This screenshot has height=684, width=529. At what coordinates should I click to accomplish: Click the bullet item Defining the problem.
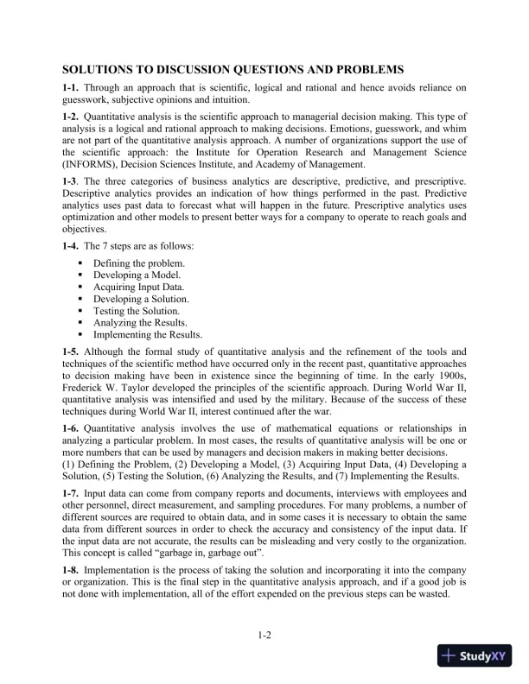click(x=138, y=262)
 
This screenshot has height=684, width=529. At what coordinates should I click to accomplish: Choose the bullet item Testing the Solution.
click(x=137, y=310)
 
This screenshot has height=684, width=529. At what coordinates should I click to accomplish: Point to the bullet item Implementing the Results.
click(x=148, y=334)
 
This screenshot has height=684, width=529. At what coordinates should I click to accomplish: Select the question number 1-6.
click(x=72, y=427)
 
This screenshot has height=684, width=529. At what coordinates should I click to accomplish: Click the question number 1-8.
click(x=72, y=572)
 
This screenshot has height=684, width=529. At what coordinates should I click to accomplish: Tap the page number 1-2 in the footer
click(x=264, y=636)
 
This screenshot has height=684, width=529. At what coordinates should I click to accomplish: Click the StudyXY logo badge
click(x=475, y=656)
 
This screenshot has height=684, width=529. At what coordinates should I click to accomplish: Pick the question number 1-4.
click(x=72, y=246)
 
